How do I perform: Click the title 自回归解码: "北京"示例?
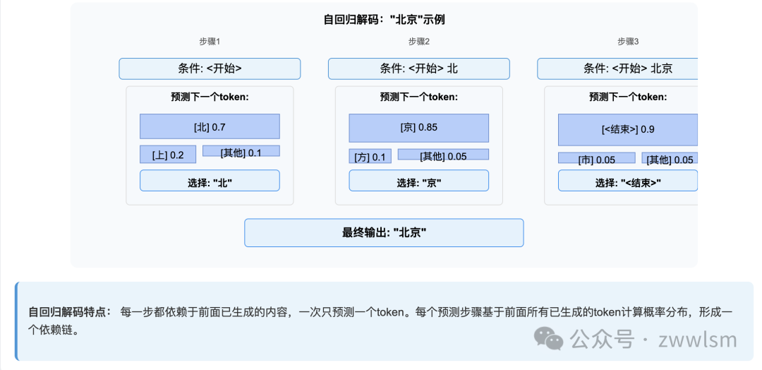384,20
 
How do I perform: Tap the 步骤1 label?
210,42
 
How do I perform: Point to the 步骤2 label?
418,42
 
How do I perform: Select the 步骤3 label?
628,42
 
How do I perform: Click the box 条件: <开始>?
210,68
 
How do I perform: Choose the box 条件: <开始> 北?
418,68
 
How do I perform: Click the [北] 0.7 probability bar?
210,126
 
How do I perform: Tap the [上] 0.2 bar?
168,155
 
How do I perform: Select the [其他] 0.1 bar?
241,151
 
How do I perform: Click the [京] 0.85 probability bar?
418,128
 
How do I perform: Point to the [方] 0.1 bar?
370,156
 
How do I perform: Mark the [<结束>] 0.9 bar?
627,129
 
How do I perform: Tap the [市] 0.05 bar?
596,159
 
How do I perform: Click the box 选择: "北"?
210,181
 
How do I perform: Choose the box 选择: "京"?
418,181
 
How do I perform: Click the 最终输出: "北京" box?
384,232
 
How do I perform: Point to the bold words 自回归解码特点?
69,311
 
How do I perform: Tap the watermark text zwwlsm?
697,340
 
